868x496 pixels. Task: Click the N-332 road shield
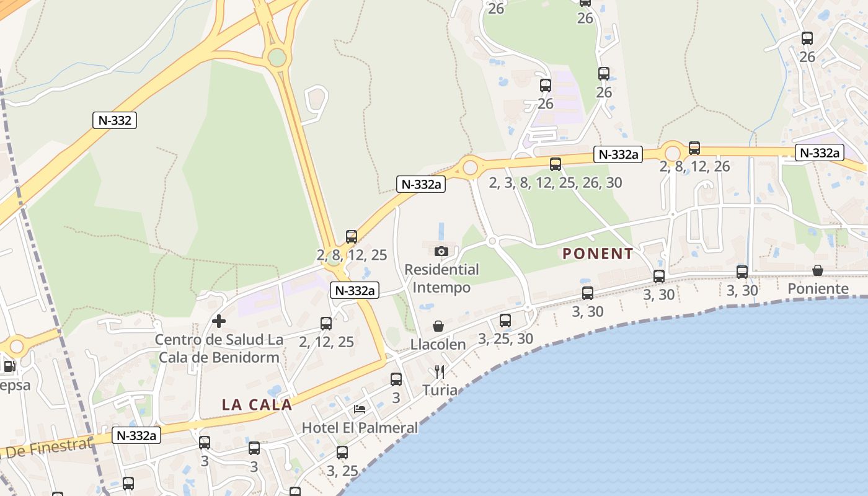115,120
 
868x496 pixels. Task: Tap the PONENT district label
598,254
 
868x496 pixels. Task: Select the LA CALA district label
257,405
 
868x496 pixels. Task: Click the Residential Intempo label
441,278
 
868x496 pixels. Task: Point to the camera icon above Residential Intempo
441,251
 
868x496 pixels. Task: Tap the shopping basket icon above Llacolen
438,326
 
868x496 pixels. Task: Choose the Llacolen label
438,345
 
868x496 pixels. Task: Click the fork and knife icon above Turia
440,372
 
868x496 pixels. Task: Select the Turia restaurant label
440,391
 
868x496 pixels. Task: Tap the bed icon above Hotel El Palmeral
360,409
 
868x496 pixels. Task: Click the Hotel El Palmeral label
360,428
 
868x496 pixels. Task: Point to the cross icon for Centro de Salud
219,321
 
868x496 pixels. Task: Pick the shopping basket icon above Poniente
818,270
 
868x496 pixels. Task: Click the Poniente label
818,289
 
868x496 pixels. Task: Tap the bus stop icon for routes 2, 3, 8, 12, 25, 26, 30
556,164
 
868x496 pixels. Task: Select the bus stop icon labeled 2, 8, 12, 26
694,148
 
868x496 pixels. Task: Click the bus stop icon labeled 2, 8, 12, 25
352,237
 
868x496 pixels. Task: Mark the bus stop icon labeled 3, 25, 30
505,321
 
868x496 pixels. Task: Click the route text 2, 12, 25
326,342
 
